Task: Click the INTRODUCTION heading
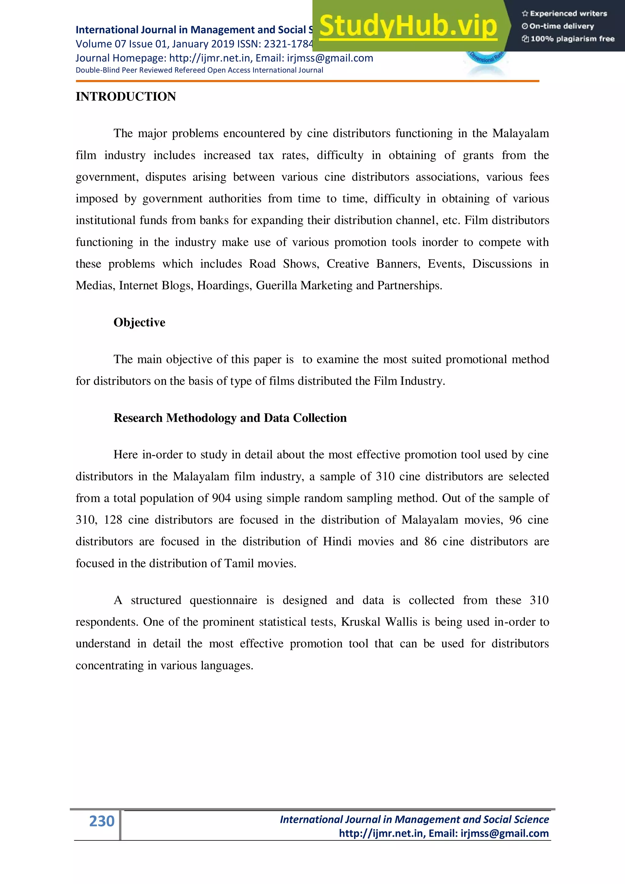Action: [126, 96]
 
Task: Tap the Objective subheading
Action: [139, 322]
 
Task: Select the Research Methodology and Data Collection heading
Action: [230, 418]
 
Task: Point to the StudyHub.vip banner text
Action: [408, 26]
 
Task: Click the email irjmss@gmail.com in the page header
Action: [330, 58]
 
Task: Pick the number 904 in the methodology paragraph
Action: [221, 498]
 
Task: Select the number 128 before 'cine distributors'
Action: [113, 520]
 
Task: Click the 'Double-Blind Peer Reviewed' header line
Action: [199, 70]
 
